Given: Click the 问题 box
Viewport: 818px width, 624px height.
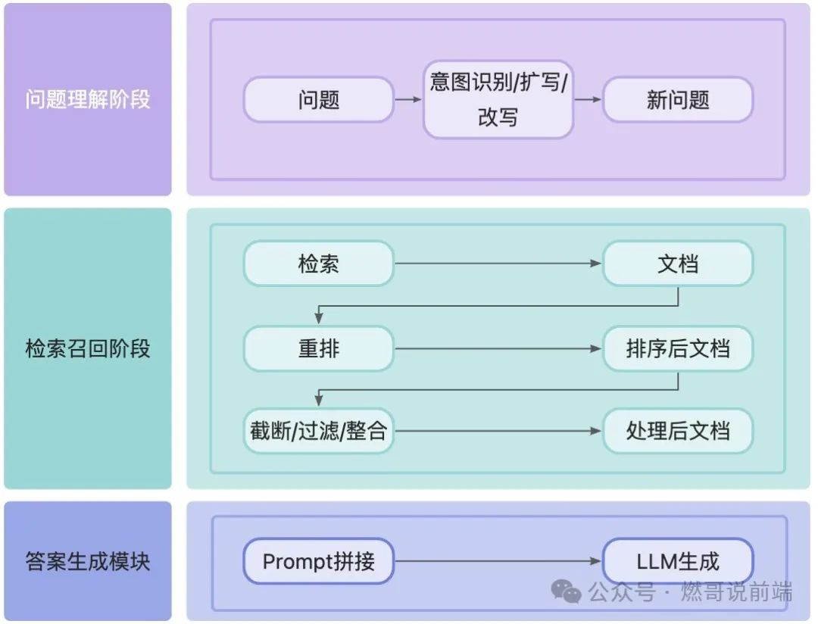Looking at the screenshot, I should (318, 99).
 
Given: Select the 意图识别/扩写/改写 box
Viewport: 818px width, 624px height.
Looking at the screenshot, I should (498, 99).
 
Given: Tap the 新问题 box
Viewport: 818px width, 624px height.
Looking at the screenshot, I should (678, 99).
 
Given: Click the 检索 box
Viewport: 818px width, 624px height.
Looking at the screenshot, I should (318, 264).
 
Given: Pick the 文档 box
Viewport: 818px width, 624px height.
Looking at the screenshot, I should (678, 264).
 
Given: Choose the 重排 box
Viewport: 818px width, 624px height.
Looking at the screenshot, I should (318, 348).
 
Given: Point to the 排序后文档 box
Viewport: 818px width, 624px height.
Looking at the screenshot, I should (678, 348).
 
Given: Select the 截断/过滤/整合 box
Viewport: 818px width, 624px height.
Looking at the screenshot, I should (318, 432).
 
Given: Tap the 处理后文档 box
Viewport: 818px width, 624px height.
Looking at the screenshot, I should (678, 432).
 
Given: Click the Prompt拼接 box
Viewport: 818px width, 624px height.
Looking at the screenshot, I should (318, 561).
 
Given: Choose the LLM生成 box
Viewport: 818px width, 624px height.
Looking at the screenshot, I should (678, 561).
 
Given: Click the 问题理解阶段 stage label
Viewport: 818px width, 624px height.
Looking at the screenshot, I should (88, 99).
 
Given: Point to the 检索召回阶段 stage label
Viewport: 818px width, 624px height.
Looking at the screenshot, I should (88, 348).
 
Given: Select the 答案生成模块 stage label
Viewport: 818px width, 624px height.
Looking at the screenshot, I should (88, 561).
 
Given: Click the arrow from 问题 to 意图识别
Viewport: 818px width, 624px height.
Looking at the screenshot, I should (408, 99).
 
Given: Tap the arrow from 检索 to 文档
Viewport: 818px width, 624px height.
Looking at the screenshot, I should (498, 264).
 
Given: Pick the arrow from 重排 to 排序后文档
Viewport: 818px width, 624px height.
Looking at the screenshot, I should (498, 348).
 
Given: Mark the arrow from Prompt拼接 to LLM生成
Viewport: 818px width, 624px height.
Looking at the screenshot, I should (498, 561).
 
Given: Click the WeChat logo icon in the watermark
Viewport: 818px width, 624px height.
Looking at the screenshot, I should (567, 591).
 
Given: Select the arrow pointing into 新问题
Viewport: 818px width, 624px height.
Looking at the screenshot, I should (588, 99).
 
